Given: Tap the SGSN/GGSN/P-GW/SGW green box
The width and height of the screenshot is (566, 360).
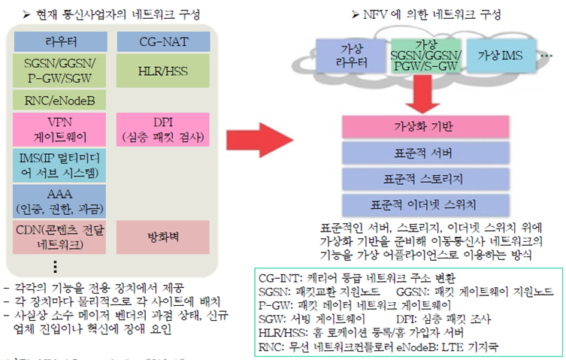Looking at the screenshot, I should (59, 71).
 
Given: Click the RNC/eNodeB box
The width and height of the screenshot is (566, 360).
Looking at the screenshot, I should (59, 98).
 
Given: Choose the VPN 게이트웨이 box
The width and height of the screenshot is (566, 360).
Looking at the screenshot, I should (59, 129).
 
